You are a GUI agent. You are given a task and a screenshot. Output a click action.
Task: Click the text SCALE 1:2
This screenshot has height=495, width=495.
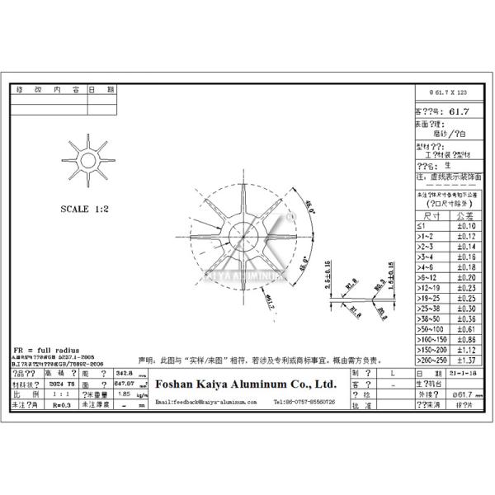pyautogui.click(x=85, y=210)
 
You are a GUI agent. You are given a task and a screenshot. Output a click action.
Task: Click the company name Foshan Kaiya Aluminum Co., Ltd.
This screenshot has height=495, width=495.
pyautogui.click(x=245, y=384)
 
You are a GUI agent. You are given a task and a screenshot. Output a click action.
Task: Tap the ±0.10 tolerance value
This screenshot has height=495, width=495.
pyautogui.click(x=467, y=225)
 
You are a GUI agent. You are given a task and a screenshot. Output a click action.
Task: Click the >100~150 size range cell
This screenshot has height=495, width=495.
pyautogui.click(x=431, y=339)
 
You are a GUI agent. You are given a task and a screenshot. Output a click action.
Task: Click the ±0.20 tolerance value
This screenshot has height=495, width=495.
pyautogui.click(x=467, y=278)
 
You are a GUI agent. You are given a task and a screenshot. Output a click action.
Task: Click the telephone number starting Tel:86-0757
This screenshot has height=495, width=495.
pyautogui.click(x=304, y=402)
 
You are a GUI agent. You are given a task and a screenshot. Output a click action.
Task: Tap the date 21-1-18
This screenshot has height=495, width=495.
pyautogui.click(x=468, y=373)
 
